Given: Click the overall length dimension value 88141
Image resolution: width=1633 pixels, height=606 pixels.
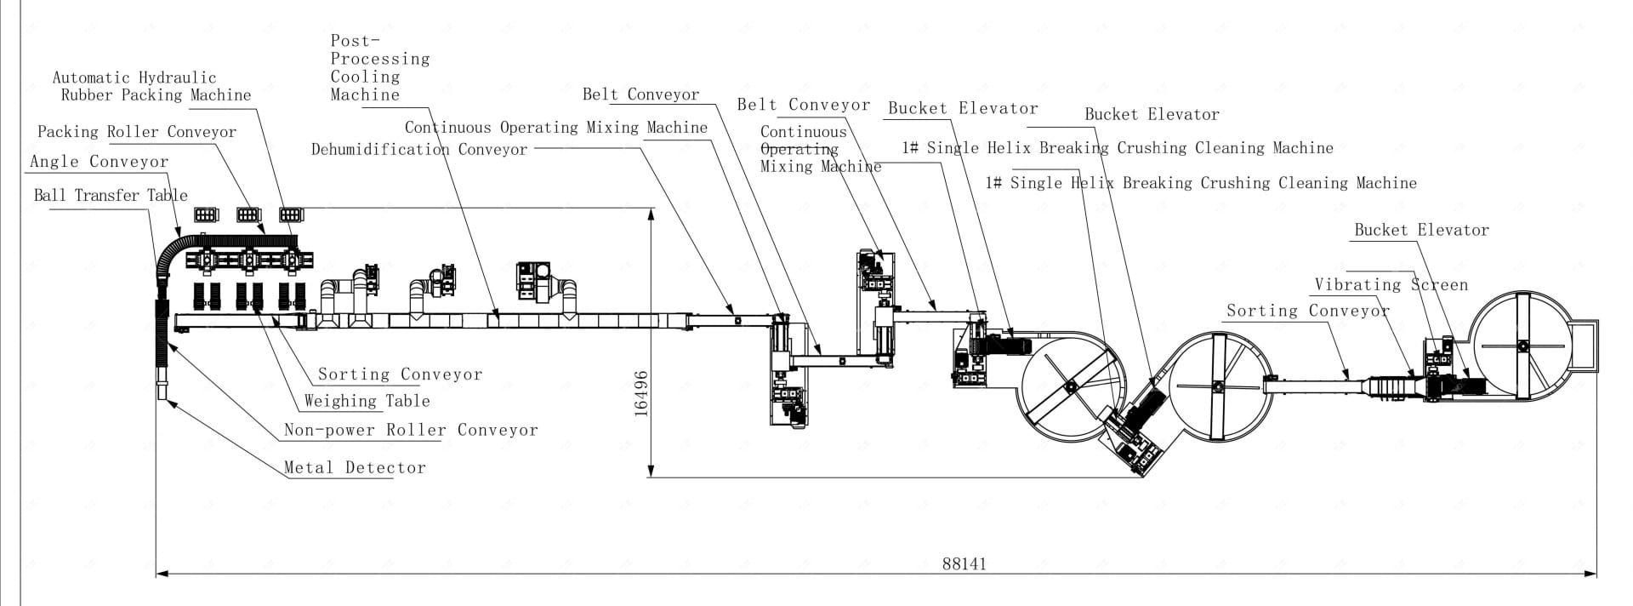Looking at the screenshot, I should [x=964, y=563].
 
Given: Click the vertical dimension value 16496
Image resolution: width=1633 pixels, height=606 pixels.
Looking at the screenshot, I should [x=641, y=392].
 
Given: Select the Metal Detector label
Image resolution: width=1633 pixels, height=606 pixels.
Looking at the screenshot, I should [x=355, y=467].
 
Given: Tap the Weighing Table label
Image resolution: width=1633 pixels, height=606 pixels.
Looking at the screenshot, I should [x=367, y=401].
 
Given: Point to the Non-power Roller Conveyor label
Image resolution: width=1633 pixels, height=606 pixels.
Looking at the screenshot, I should [x=411, y=430].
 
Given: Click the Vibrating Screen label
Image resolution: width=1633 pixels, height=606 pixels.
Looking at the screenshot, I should [x=1391, y=285].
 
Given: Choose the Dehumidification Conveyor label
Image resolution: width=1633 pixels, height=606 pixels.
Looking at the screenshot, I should [x=419, y=150].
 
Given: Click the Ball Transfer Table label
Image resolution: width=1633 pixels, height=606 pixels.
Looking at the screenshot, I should [x=111, y=195].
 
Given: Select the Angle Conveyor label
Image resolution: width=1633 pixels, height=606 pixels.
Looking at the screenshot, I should [x=99, y=162].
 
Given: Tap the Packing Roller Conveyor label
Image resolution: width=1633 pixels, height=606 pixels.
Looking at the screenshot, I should [x=137, y=132].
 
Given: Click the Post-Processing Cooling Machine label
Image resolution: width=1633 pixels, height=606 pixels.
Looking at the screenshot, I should [x=379, y=67].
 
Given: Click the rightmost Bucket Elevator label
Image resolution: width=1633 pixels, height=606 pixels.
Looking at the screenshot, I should [x=1421, y=230].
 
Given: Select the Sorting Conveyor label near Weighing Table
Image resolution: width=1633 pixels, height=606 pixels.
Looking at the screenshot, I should [x=400, y=374].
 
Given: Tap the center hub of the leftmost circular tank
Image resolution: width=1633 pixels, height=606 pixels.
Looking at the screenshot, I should [x=1069, y=387].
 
